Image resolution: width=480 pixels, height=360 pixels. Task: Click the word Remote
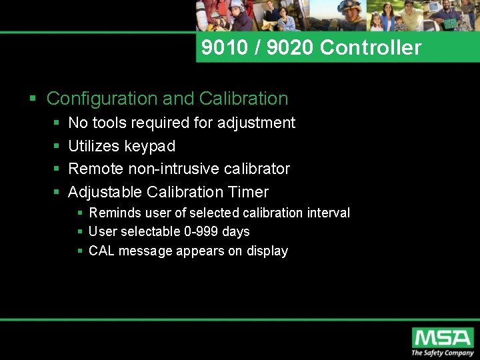click(96, 169)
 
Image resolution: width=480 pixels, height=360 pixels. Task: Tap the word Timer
click(248, 192)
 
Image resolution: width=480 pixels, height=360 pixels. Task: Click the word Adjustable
click(105, 192)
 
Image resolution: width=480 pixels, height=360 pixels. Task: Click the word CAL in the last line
click(101, 251)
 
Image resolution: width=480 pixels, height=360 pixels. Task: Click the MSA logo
click(442, 337)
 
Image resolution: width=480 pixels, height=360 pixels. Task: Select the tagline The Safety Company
click(442, 353)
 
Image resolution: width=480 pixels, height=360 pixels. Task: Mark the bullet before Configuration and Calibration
click(33, 99)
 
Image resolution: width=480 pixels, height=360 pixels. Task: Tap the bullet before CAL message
click(80, 251)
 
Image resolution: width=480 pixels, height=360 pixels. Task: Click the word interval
click(328, 213)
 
